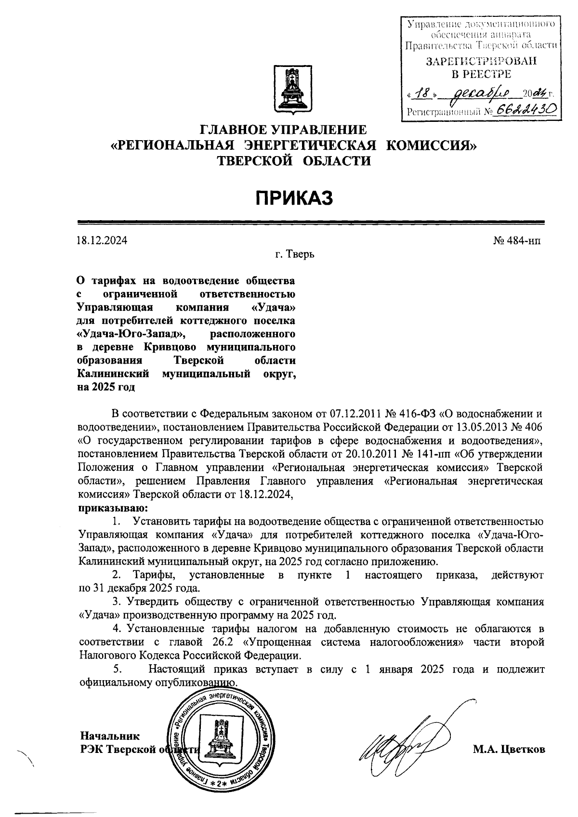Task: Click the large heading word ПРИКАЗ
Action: click(294, 198)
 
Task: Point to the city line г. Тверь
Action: click(295, 253)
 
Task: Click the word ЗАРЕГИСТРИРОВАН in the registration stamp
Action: click(481, 62)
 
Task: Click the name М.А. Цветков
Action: click(509, 750)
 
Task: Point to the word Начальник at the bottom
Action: click(110, 736)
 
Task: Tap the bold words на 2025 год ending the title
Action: click(106, 387)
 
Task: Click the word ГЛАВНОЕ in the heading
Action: click(233, 130)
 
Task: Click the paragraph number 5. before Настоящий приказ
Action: click(117, 669)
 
